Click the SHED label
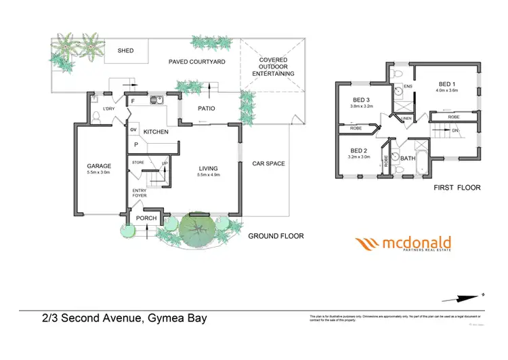pos(125,51)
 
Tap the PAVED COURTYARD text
pos(196,62)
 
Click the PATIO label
pos(207,107)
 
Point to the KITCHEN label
pos(156,132)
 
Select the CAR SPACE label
pos(268,163)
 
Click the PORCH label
pos(147,218)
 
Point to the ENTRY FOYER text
pos(140,193)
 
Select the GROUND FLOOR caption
pos(276,236)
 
